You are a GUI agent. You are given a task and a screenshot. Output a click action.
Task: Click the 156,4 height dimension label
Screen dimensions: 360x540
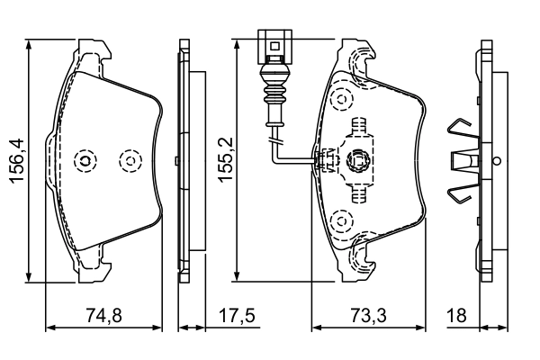pos(15,161)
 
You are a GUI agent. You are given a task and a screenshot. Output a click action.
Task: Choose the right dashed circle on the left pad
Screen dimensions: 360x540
pos(131,161)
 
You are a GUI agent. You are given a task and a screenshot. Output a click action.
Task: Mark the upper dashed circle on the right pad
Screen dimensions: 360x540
pos(340,98)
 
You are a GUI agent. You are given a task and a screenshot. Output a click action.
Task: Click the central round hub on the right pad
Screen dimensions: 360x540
pos(359,161)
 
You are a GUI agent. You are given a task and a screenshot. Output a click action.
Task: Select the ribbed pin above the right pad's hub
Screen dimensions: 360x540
pos(359,128)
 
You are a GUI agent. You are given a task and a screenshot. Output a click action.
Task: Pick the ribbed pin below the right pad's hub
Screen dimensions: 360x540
pos(359,193)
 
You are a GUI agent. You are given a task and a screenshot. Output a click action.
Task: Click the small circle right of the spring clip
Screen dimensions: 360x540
pos(496,161)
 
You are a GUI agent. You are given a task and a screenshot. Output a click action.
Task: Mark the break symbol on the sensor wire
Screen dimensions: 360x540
pos(276,140)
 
